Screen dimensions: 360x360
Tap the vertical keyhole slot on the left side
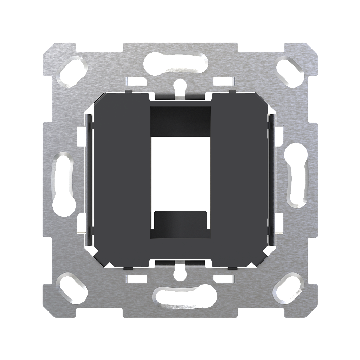[x=64, y=183]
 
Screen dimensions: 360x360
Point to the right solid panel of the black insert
[x=241, y=176]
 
